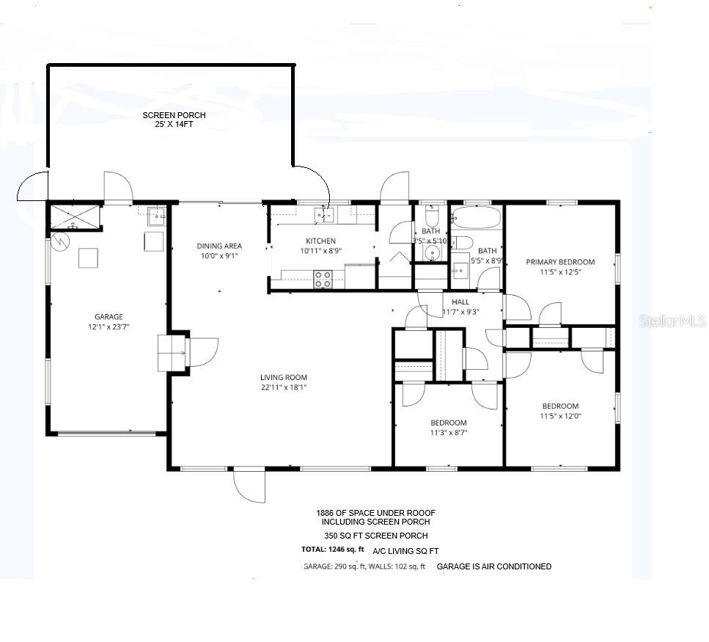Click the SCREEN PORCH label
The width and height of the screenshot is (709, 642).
[x=174, y=115]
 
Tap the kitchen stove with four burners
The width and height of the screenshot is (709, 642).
[x=323, y=279]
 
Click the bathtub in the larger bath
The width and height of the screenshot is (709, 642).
[x=477, y=217]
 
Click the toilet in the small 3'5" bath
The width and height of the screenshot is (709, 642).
[x=431, y=217]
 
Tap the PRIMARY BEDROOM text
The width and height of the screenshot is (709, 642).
[x=560, y=262]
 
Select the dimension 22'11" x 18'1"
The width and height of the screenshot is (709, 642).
[x=283, y=387]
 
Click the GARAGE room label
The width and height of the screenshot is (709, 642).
[x=109, y=317]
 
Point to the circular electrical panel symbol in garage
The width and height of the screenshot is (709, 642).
[x=60, y=241]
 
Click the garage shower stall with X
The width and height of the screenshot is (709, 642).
[x=74, y=217]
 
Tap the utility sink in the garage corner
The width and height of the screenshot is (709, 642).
[x=156, y=216]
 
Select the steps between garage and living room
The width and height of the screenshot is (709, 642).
[x=173, y=352]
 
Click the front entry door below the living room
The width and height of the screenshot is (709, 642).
[x=249, y=486]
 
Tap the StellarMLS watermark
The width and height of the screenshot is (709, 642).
[x=672, y=321]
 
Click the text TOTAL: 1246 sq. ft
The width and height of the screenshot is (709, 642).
[x=333, y=550]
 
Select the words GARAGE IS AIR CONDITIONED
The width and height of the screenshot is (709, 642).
[x=493, y=566]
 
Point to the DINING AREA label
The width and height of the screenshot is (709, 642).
[x=218, y=246]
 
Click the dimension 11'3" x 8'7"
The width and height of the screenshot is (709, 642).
[x=448, y=433]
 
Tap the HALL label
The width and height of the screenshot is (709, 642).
[x=460, y=302]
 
